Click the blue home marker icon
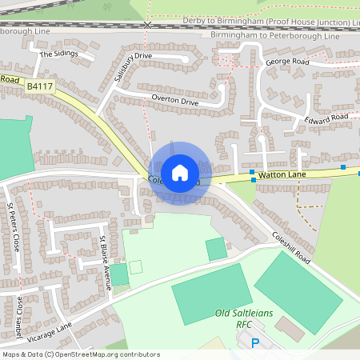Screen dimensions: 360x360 pos(180,173)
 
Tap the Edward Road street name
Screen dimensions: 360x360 pos(327,118)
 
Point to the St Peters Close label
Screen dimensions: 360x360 pos(11,226)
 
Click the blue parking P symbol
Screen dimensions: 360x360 pos(256,343)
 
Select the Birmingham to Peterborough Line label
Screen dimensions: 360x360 pos(274,35)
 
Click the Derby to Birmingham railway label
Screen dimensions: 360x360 pos(272,19)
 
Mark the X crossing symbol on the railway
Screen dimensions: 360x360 pos(147,25)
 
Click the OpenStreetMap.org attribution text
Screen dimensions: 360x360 pos(80,354)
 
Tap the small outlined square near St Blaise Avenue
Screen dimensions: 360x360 pos(136,266)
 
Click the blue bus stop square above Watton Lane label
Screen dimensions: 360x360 pos(252,172)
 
